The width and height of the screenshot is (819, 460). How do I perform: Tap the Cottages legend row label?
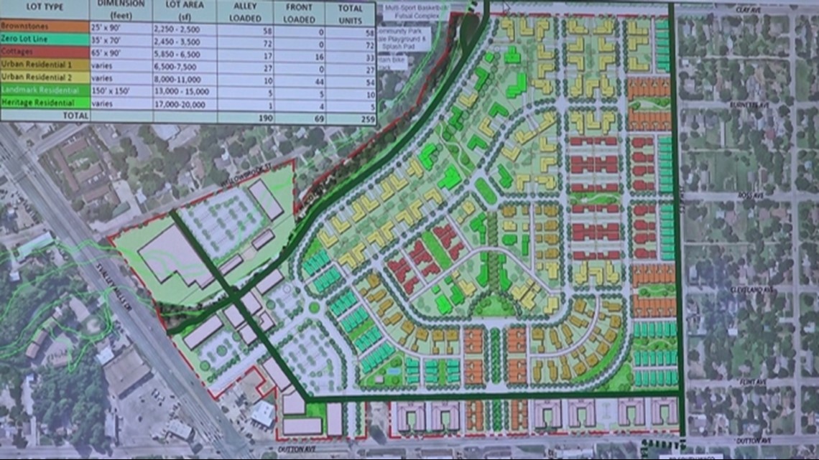(18, 52)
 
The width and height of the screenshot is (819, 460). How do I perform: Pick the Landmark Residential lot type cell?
(37, 90)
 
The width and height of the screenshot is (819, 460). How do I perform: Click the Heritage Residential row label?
(35, 103)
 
